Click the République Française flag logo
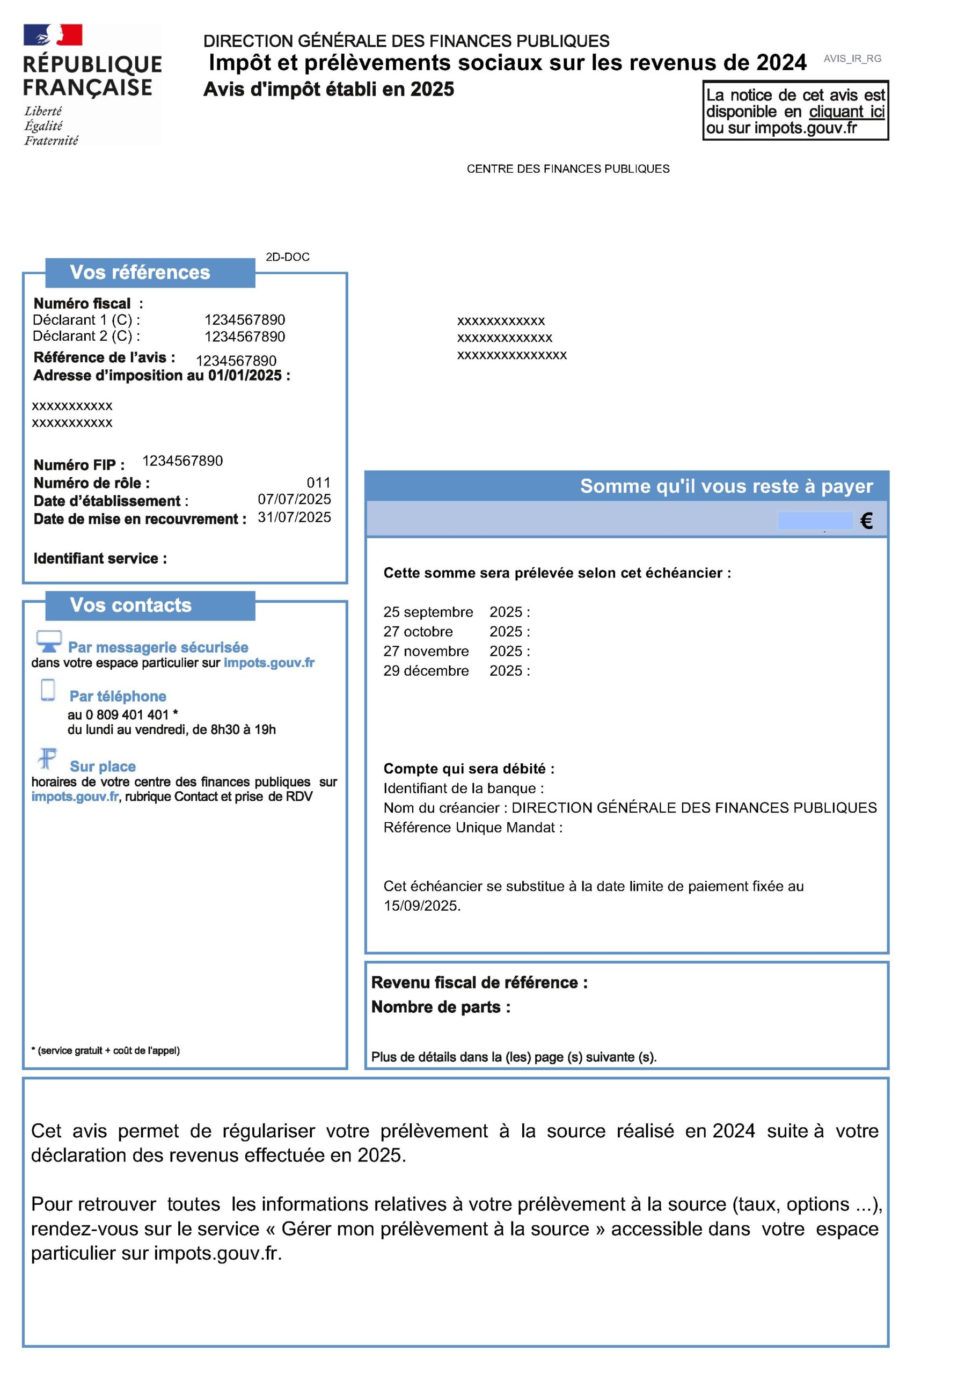click(53, 35)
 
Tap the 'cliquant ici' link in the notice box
click(846, 112)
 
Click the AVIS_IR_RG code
click(852, 59)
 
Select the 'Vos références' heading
click(140, 272)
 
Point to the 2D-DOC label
click(287, 257)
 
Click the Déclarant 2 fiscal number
click(244, 337)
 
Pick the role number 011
click(318, 483)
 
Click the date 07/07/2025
click(294, 499)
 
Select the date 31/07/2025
click(294, 517)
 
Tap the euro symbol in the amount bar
click(866, 521)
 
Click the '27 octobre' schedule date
click(418, 631)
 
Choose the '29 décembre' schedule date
click(426, 671)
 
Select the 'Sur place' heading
click(103, 766)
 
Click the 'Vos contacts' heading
click(130, 605)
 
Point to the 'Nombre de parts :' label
click(441, 1007)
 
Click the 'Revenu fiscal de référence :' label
click(479, 983)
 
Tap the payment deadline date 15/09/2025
click(421, 906)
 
